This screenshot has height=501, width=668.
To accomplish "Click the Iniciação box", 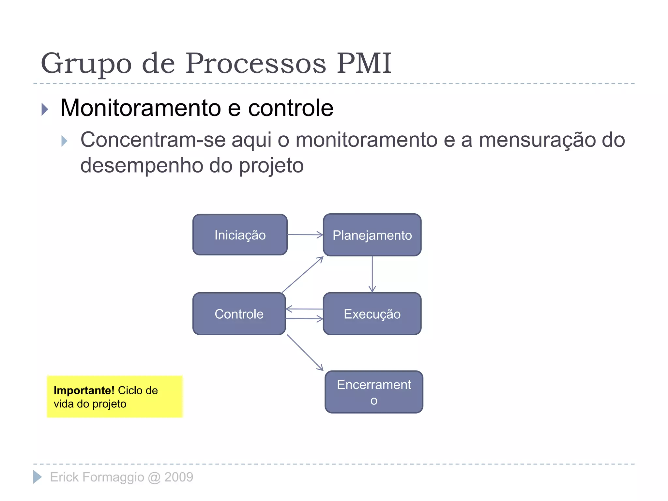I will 240,235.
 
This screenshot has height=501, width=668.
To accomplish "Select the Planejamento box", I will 372,235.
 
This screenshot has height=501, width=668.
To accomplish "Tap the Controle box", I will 239,314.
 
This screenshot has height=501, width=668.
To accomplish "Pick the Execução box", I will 372,314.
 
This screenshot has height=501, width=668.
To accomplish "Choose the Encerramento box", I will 374,392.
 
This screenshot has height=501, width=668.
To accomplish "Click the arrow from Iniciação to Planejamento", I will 305,235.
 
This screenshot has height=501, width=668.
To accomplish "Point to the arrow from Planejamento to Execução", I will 372,274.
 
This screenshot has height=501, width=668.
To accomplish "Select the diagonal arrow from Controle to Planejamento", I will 302,275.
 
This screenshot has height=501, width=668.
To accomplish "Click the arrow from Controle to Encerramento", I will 305,353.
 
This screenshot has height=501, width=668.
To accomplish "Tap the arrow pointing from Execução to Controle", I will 304,309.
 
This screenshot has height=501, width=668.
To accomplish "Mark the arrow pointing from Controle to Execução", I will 304,319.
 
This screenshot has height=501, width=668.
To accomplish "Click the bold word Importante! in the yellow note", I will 84,390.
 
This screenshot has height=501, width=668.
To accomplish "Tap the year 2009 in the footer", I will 179,477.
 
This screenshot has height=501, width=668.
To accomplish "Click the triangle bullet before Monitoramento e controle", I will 45,109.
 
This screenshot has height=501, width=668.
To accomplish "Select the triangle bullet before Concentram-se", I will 64,141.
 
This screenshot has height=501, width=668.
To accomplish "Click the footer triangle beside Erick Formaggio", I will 38,477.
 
